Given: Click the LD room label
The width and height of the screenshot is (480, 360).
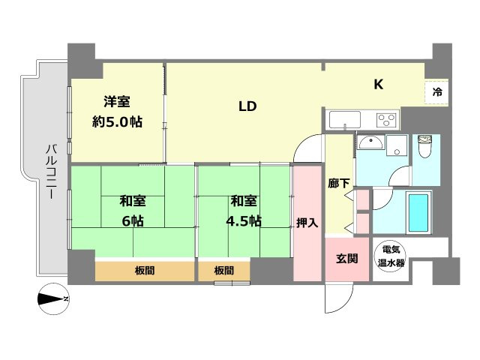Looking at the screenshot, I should pos(248,106).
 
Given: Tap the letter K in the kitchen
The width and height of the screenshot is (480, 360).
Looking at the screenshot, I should pos(379,84).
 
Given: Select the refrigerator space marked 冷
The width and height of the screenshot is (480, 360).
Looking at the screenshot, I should pos(436,92).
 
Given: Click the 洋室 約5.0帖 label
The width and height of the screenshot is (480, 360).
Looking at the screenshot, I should pos(118,111).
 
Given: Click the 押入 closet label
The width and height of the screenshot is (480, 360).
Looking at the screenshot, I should pos(307,222).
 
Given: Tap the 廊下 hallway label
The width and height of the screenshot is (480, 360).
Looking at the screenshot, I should pos(338,182).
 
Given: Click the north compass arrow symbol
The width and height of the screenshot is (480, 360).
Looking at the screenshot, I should pos(53,300).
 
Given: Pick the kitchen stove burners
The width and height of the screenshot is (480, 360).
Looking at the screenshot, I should pos(386,120).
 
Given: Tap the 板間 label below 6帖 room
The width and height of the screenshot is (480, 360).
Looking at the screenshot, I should pos(145,270).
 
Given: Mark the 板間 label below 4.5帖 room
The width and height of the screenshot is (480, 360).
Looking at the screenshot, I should pos(223,270).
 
